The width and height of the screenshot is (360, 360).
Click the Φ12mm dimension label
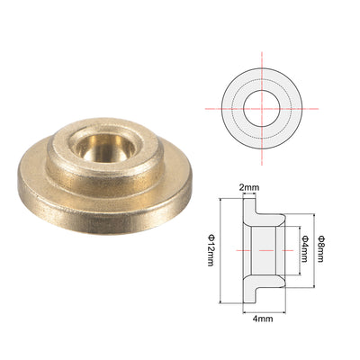211,251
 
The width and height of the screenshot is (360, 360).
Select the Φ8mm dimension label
321,249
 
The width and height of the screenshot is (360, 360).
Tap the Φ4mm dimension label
305,249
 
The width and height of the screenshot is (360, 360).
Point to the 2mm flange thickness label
249,188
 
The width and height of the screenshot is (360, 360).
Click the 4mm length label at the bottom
263,319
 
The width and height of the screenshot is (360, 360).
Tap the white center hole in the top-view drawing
262,108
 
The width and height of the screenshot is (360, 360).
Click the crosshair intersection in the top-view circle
262,108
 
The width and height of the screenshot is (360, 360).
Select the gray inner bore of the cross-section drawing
264,250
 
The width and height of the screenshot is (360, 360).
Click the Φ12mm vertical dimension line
220,250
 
